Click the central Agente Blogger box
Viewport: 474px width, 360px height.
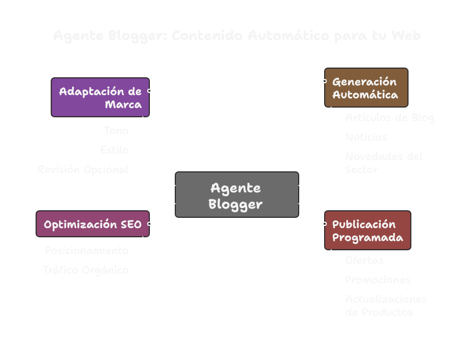[236, 195]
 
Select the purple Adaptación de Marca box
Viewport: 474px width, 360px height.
[100, 97]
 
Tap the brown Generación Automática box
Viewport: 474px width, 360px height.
[366, 88]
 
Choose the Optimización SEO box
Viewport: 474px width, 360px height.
[93, 224]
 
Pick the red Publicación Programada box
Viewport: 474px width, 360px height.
[367, 230]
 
